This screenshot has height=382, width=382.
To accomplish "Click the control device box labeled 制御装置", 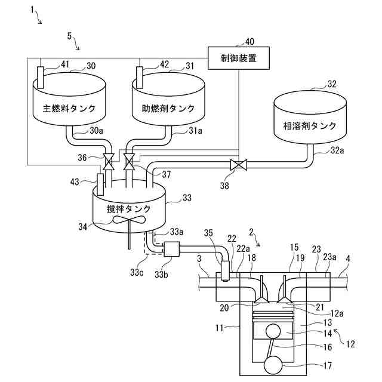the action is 239,58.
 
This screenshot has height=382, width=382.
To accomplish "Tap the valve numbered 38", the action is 239,165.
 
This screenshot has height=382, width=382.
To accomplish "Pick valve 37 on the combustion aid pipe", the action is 129,162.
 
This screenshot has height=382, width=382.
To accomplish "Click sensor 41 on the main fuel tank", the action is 41,78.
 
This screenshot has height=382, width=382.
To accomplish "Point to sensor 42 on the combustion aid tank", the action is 140,78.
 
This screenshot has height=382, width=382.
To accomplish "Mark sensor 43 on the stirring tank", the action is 100,184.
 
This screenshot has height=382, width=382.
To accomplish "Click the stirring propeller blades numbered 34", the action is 129,220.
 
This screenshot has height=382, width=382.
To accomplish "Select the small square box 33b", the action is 171,249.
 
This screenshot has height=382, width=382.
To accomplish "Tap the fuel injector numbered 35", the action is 225,271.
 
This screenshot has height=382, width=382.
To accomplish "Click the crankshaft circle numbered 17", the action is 273,365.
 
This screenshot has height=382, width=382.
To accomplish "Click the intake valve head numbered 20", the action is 261,301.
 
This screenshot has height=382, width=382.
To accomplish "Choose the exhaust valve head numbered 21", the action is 285,301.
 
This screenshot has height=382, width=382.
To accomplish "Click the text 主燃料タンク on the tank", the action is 69,109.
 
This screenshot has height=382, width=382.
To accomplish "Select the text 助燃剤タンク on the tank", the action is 168,109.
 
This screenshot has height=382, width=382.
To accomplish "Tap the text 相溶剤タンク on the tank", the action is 310,126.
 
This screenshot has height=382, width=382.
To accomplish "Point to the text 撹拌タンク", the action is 129,209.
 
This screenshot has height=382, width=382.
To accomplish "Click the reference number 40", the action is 249,42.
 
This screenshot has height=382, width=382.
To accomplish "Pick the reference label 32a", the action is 337,150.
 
